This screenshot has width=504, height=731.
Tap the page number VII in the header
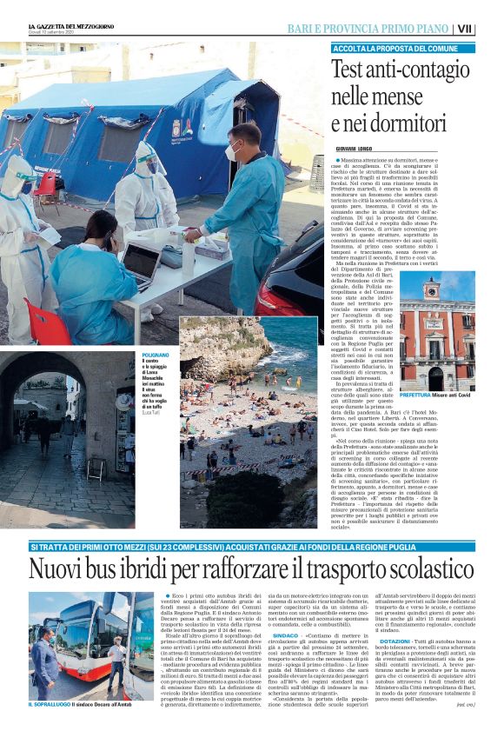[x=489, y=29]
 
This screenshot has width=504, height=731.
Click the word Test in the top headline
[x=349, y=68]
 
